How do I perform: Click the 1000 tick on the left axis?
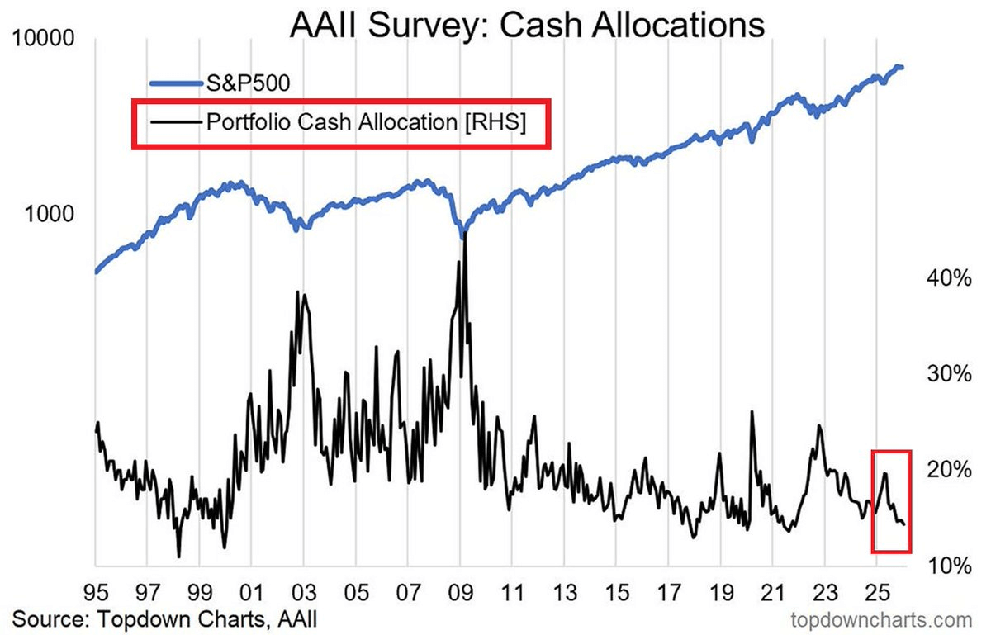46,213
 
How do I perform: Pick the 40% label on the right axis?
947,279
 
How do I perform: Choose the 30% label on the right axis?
947,374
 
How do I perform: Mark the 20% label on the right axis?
947,470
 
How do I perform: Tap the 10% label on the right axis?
947,566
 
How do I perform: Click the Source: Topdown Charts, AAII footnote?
164,618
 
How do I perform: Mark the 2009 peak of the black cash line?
465,235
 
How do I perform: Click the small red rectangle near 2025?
891,501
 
